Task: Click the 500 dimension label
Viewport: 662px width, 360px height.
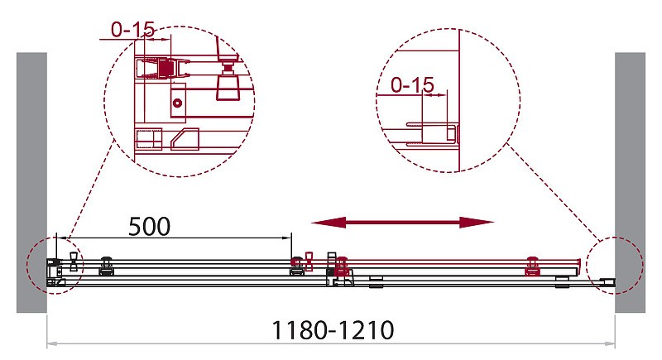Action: click(150, 227)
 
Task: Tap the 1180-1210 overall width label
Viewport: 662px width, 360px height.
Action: click(333, 330)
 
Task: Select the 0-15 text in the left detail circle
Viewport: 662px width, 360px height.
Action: click(133, 30)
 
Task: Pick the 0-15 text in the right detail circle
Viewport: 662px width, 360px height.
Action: click(412, 85)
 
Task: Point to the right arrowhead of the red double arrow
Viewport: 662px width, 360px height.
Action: click(477, 223)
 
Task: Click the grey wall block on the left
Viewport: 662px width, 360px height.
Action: click(31, 182)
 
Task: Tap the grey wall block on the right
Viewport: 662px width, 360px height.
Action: click(630, 182)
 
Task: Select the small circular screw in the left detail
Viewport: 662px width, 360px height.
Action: click(177, 103)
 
